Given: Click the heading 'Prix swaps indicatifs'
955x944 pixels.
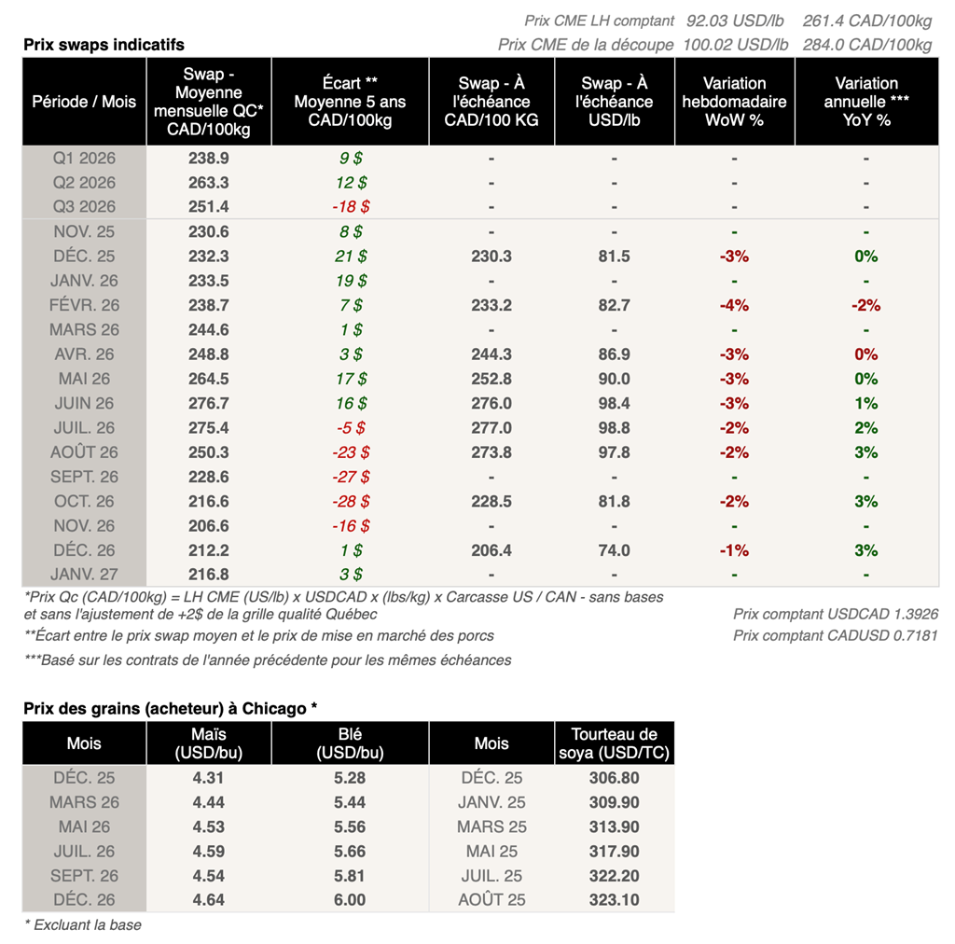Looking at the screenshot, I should [104, 45].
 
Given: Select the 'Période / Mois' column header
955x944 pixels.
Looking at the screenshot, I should [84, 102].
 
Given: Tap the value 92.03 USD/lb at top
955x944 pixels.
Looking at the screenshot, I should [737, 21].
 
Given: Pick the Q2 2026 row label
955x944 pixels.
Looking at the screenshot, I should [84, 183].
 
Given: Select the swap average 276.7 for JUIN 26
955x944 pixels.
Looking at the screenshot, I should [209, 404].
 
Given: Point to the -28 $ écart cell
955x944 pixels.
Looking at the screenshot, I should [351, 502].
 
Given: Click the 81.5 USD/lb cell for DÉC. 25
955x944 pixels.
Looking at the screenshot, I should [614, 257].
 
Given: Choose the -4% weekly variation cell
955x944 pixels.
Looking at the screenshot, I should [734, 305].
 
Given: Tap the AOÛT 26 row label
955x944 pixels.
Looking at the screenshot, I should [84, 452].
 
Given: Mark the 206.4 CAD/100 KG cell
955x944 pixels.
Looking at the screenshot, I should [491, 550].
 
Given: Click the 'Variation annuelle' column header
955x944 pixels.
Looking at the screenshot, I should [866, 102].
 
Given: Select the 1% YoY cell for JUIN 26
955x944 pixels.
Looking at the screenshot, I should [866, 404].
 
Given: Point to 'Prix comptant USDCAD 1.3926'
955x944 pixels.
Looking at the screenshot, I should [836, 614].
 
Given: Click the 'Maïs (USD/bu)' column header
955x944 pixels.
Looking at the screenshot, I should [209, 743].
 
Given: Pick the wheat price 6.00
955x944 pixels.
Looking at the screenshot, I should [350, 900].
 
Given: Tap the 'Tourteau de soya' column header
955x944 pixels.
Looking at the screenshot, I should [614, 743].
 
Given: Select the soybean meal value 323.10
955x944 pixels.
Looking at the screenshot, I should [614, 900].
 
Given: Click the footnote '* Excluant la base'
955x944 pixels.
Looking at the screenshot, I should [82, 924].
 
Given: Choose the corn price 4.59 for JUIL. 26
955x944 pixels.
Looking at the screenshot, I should [209, 851].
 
